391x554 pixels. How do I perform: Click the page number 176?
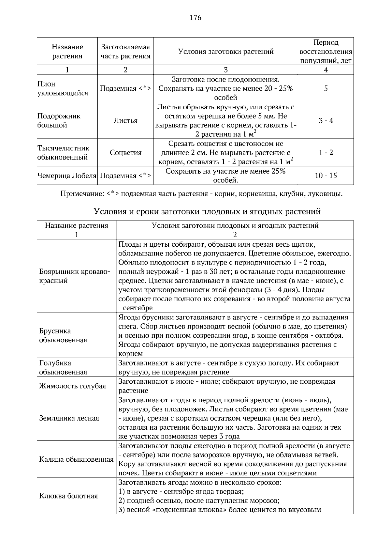[x=195, y=18]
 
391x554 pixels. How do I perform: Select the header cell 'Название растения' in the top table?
[x=67, y=52]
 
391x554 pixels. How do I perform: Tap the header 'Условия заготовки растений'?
[x=225, y=52]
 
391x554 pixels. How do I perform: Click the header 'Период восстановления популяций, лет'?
[x=326, y=52]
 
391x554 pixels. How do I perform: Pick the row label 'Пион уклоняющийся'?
[x=63, y=89]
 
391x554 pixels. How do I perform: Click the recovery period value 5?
[x=326, y=88]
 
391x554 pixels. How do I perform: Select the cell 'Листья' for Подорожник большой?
[x=125, y=121]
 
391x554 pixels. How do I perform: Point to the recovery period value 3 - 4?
[x=326, y=121]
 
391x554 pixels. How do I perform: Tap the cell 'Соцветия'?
[x=125, y=153]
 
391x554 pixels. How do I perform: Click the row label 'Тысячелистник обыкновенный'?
[x=63, y=153]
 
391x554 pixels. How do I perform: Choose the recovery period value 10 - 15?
[x=326, y=176]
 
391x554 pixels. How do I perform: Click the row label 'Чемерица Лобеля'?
[x=67, y=176]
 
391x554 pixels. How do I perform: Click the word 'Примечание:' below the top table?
[x=82, y=194]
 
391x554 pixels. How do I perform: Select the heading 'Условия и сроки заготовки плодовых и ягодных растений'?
[x=207, y=212]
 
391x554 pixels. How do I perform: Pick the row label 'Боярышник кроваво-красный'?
[x=74, y=276]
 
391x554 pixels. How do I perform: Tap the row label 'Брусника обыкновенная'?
[x=63, y=335]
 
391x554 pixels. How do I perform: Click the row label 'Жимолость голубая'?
[x=72, y=386]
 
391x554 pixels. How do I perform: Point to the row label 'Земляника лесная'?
[x=69, y=418]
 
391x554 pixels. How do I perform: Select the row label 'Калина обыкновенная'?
[x=76, y=460]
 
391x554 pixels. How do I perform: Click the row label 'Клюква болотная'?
[x=68, y=496]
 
